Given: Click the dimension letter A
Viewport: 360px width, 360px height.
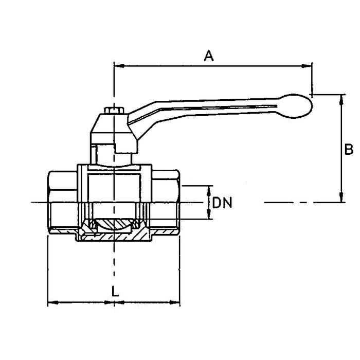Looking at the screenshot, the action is point(209,56).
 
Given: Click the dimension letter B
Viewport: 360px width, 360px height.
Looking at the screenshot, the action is point(349,149).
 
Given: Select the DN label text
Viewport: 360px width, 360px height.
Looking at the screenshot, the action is point(222,203).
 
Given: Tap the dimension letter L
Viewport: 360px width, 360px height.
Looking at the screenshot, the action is point(115,292).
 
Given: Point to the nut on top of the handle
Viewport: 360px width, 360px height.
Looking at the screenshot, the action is point(114,110).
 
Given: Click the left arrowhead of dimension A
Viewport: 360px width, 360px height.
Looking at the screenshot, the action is point(119,66).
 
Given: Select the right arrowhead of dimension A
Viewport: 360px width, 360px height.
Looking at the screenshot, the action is point(307,66).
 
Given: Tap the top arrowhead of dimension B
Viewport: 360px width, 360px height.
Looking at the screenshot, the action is point(341,100).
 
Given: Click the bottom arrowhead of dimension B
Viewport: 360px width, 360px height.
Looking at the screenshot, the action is point(341,197).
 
